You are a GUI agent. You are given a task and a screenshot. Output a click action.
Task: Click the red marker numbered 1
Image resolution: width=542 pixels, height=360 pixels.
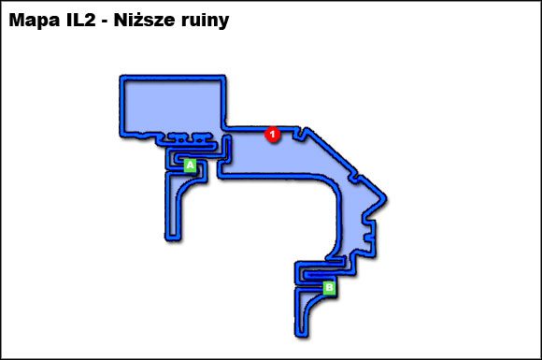click(x=272, y=134)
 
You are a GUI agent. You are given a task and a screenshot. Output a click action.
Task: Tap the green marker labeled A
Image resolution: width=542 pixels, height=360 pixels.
click(x=191, y=165)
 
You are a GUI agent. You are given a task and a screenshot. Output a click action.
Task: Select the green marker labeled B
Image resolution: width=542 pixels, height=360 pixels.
click(x=328, y=288)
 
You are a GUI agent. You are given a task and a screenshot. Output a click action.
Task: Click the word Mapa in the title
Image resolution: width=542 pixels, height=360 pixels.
click(x=36, y=21)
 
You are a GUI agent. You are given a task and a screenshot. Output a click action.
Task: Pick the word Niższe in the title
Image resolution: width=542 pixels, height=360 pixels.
click(x=153, y=21)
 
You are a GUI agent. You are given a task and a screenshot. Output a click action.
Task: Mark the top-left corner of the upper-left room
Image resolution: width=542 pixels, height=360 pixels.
click(x=122, y=78)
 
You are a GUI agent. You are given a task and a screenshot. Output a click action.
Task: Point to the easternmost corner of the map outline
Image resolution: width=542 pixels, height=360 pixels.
click(x=385, y=199)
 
